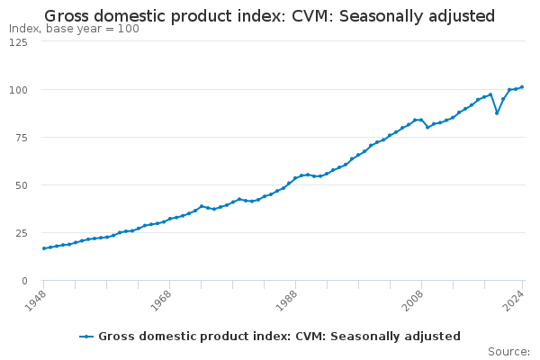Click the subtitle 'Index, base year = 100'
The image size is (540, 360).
(74, 29)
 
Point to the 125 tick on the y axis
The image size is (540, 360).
(17, 42)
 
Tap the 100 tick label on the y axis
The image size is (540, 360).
(17, 90)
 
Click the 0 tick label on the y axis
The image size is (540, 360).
(24, 281)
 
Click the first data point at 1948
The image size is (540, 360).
(43, 248)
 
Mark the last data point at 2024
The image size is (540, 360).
(522, 87)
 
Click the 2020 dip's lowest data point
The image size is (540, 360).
(497, 112)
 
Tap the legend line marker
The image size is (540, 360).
(86, 337)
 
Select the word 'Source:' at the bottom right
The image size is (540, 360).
(508, 351)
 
